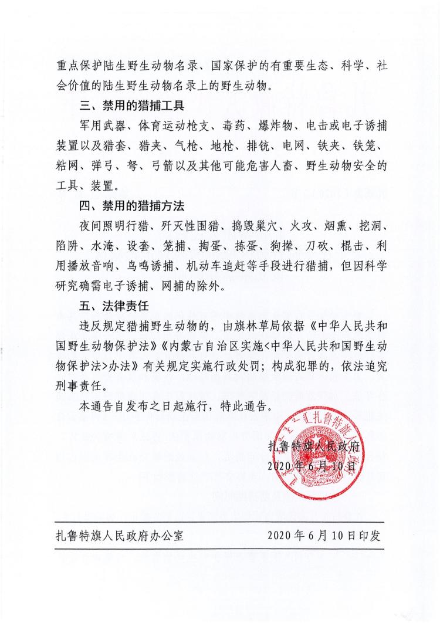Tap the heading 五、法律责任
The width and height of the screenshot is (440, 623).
point(109,306)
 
